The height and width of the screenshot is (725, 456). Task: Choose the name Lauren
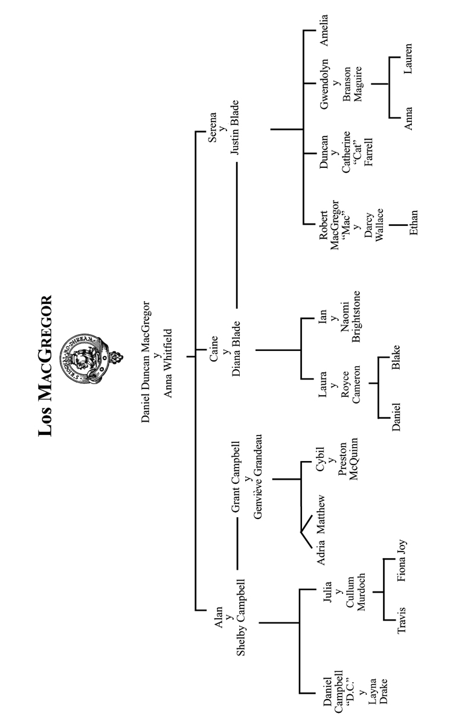[x=409, y=59]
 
